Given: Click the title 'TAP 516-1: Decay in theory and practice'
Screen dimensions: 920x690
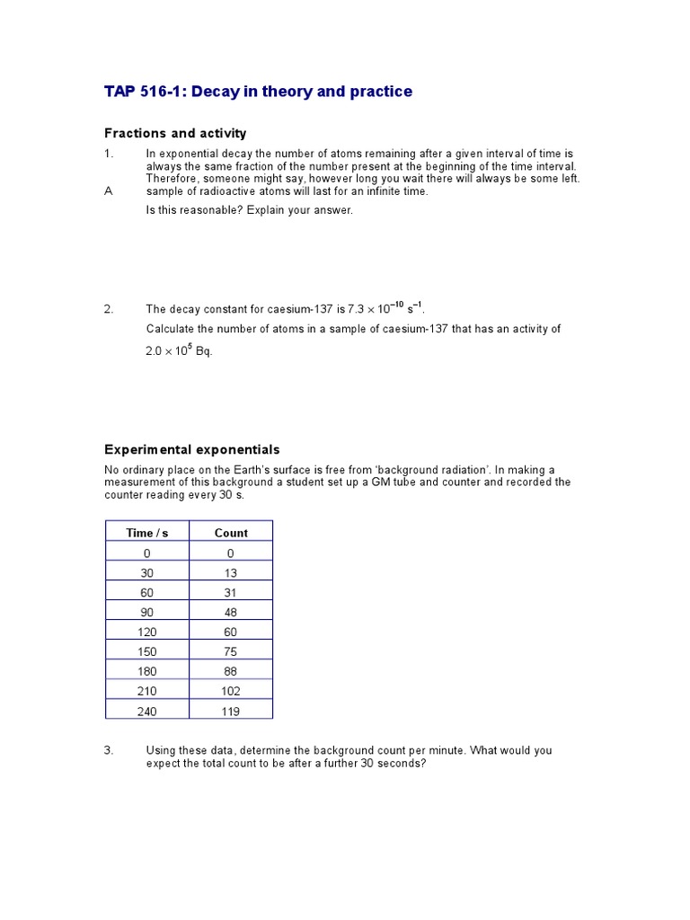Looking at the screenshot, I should [x=259, y=92].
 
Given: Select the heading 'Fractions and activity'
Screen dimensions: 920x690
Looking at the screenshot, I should [x=175, y=134].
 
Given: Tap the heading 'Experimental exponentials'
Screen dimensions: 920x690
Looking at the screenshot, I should [x=192, y=449].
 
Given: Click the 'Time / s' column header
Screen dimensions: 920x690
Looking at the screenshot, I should [x=147, y=533].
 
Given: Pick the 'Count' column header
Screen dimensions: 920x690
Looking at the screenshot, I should [x=231, y=533].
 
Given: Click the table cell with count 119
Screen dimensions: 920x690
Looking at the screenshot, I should [x=231, y=710].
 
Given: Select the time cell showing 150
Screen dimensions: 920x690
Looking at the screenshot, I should [x=147, y=651].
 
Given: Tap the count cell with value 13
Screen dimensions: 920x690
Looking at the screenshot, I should [x=231, y=573].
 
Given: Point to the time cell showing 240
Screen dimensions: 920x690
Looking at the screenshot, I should [x=147, y=710].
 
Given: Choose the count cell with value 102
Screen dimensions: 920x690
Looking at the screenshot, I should [x=231, y=691].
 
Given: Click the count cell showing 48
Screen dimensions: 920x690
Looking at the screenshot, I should [x=231, y=613].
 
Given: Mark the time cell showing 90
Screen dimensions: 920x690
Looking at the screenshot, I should [x=147, y=613].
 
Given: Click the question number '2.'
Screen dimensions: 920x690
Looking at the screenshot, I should [x=109, y=310].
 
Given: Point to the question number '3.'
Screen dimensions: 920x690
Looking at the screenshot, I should [x=109, y=750].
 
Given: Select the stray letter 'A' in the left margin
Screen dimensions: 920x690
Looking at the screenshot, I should [x=109, y=191].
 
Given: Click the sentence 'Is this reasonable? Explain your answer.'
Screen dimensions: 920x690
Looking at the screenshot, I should [x=250, y=210].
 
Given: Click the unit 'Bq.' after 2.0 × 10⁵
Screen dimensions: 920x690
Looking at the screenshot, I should [x=204, y=351].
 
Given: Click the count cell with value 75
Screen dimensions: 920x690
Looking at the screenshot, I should [x=231, y=651].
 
